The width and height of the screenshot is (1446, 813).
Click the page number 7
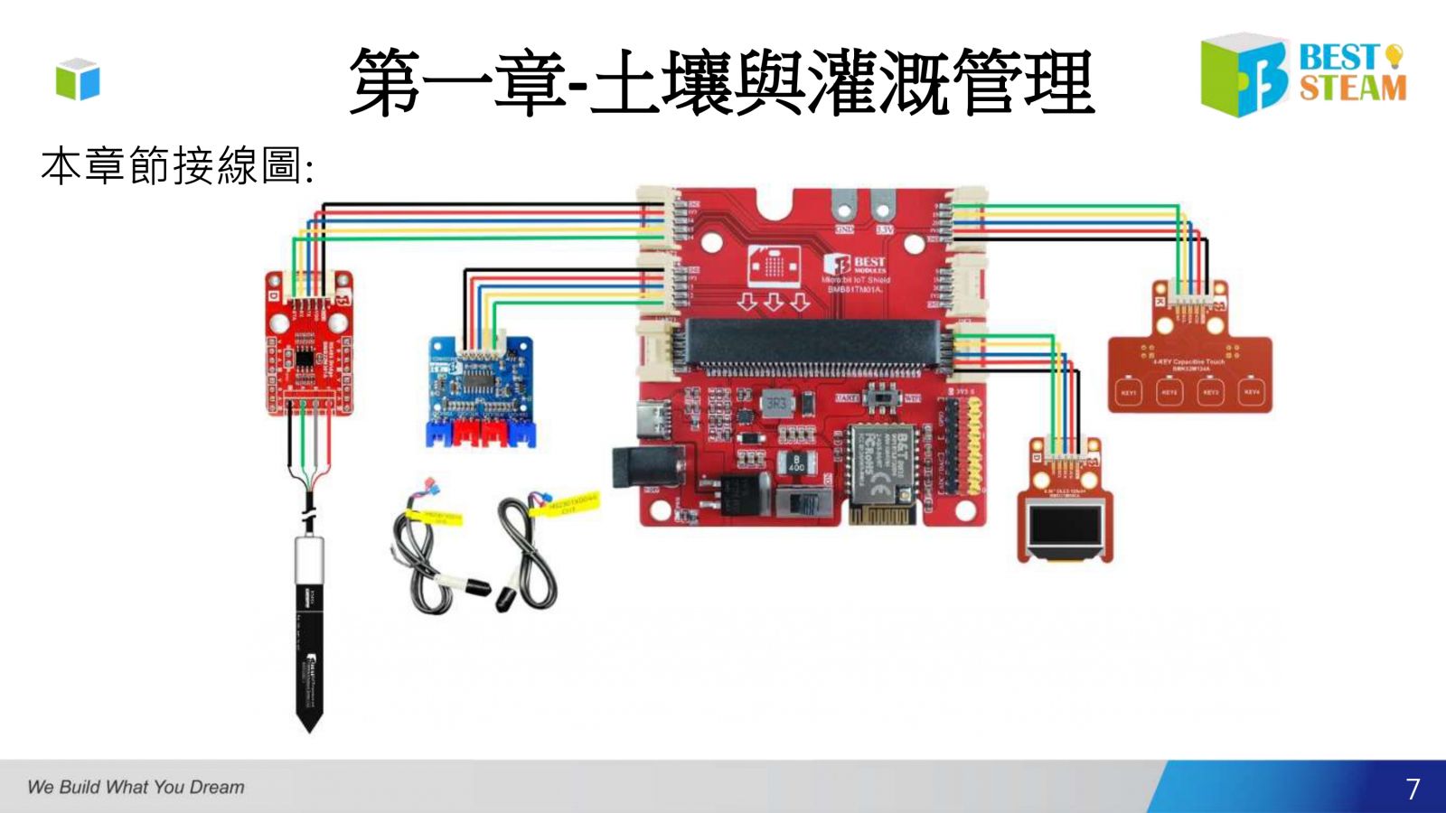(1413, 789)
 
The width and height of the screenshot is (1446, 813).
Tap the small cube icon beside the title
(78, 79)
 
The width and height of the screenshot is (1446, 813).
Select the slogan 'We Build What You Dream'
(136, 787)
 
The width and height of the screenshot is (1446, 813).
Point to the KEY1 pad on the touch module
(1129, 393)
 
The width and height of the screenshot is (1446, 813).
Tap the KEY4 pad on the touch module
(1251, 393)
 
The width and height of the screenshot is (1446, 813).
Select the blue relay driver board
(480, 388)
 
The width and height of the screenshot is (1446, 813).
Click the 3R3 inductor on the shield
(775, 403)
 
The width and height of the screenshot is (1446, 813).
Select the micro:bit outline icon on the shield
(773, 265)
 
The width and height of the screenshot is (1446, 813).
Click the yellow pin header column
(976, 446)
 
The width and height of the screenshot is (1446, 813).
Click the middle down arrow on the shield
(774, 301)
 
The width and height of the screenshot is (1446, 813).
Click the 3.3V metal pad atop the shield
(880, 210)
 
